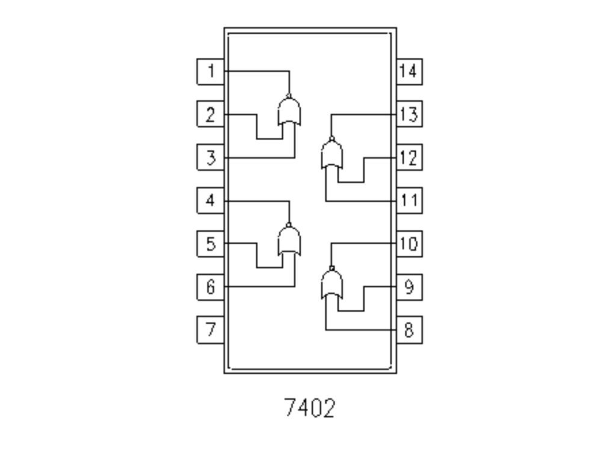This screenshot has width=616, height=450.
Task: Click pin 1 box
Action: click(211, 72)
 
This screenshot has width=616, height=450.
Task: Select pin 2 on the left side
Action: click(211, 114)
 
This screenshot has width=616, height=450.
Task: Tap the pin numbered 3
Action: click(211, 158)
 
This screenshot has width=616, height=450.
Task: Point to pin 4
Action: click(211, 200)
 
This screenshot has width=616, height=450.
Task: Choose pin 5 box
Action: click(211, 244)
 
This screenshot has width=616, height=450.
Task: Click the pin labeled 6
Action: click(211, 287)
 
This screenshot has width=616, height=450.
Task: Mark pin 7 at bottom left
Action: click(211, 330)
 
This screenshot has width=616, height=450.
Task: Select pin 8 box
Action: click(409, 330)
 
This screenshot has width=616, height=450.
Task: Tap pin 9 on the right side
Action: click(409, 287)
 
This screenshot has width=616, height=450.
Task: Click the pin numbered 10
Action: click(409, 244)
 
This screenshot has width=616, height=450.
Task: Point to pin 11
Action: click(409, 200)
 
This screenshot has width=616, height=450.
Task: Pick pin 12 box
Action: click(409, 158)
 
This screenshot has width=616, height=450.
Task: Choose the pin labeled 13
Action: click(409, 114)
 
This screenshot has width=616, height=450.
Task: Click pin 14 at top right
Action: click(409, 72)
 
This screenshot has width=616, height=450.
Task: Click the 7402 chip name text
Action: click(309, 408)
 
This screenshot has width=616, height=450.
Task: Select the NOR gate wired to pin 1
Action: click(289, 112)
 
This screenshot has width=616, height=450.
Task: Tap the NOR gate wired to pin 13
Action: click(331, 155)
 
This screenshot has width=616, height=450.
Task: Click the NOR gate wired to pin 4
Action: click(289, 241)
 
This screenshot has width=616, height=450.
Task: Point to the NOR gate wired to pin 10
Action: click(331, 284)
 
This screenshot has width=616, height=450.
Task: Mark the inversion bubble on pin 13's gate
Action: click(331, 139)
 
